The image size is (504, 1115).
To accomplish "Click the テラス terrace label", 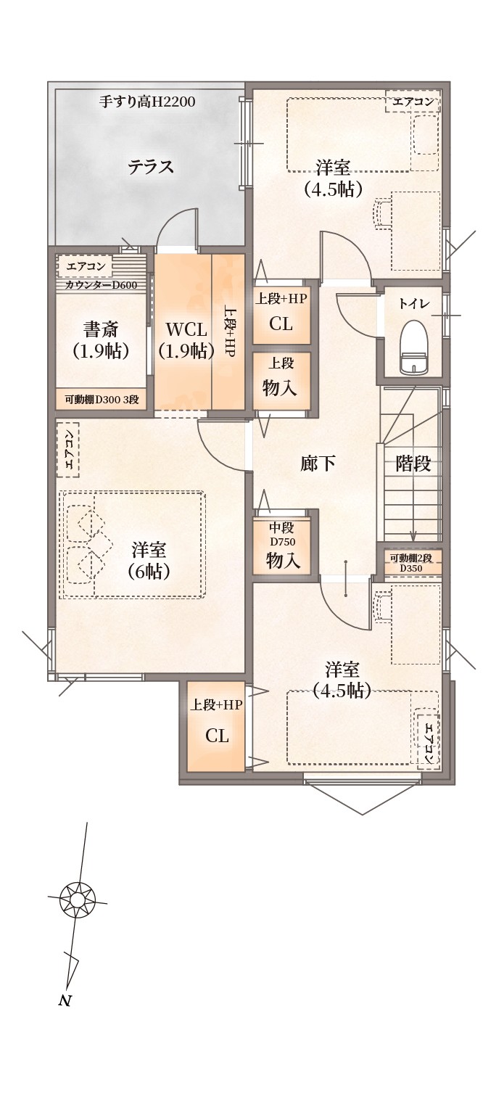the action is tap(151, 166).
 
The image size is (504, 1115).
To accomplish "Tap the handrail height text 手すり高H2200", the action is tap(147, 102).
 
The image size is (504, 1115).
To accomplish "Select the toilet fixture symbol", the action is tap(414, 347).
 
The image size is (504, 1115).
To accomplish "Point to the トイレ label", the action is tap(413, 304).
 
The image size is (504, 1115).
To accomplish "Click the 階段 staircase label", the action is tap(413, 464).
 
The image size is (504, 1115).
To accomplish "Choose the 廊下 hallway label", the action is tap(318, 464).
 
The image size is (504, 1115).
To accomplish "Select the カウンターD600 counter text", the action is tap(102, 285).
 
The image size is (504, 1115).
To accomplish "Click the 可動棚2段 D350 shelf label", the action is tap(410, 562).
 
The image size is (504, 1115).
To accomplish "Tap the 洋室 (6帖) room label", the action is tap(149, 560).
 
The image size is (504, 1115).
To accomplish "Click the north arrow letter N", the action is tap(64, 1001).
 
